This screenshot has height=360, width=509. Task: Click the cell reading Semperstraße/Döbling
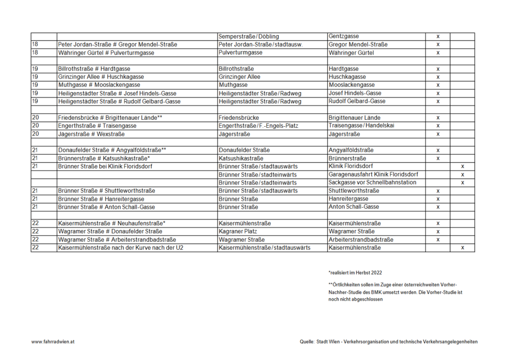coord(249,37)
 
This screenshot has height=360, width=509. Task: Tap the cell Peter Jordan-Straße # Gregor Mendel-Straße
coord(118,45)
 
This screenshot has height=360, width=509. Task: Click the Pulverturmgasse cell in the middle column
coord(241,53)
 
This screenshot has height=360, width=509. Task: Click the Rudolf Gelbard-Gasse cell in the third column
coord(357,101)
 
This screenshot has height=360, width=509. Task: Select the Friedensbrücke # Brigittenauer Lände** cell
coord(110,118)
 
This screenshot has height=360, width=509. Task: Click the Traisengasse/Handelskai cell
coord(362,126)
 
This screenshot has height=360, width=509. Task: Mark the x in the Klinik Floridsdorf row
coord(462,166)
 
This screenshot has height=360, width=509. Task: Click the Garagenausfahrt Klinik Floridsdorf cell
coord(373,174)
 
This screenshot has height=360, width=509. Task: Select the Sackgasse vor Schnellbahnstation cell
coord(372,182)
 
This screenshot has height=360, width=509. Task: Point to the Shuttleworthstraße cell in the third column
coord(354,191)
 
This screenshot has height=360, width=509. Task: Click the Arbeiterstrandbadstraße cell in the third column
coord(361,240)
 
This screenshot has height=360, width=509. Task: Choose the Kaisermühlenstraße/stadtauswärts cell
coord(265,248)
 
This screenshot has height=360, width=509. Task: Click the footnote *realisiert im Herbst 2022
coord(355,273)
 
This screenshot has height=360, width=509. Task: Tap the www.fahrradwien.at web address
coord(52,342)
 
